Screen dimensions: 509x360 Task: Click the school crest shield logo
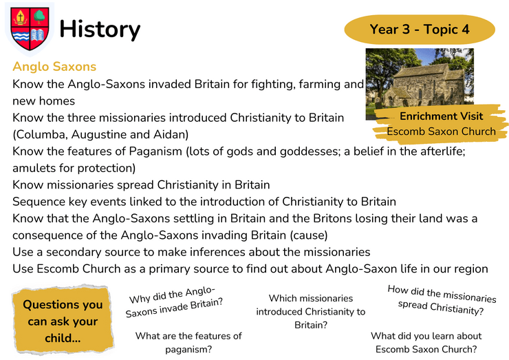point(30,29)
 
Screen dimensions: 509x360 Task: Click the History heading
point(100,30)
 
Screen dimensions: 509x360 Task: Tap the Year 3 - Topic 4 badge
point(420,29)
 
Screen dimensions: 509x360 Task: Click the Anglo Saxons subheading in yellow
point(54,67)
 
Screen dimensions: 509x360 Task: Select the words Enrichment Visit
point(441,116)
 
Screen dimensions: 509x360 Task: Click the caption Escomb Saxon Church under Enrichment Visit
point(441,131)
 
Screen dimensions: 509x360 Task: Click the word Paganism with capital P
point(155,151)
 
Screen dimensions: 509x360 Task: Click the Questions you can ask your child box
point(63,321)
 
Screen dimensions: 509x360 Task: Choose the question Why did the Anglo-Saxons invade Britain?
point(174,302)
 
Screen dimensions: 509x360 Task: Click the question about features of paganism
point(188,343)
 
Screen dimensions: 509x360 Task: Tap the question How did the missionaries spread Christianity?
point(442,300)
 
